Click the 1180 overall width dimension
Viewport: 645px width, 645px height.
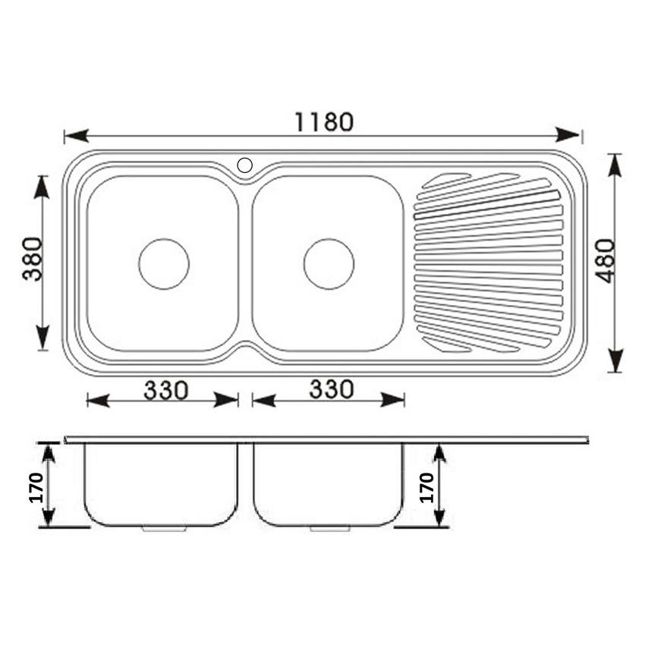(x=324, y=121)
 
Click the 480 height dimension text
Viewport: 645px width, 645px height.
(x=606, y=262)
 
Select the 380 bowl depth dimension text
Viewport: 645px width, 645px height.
(x=32, y=259)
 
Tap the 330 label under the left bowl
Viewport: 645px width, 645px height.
(x=165, y=390)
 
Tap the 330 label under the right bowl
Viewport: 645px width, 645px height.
(x=332, y=389)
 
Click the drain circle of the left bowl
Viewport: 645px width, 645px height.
(x=164, y=263)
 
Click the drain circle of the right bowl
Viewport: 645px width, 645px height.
(x=329, y=263)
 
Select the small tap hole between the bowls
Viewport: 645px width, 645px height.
(x=245, y=165)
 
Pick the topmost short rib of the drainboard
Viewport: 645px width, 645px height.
(x=448, y=180)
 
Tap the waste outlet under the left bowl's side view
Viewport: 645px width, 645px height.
(x=162, y=528)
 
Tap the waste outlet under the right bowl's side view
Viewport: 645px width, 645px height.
(x=329, y=528)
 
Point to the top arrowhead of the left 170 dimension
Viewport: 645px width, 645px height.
(x=49, y=454)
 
